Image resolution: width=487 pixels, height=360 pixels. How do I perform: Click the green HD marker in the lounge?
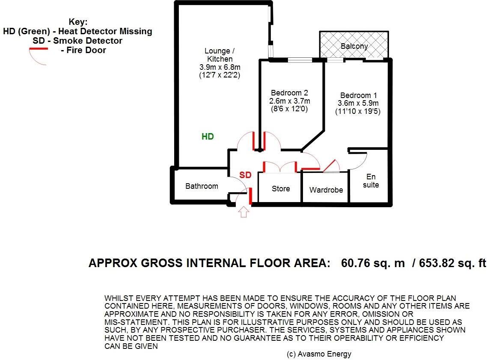coord(208,137)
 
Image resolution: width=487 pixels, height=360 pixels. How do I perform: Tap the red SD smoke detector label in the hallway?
coord(245,175)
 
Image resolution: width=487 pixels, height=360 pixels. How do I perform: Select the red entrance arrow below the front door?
coord(243,212)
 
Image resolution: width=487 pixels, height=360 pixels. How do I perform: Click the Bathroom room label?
coord(202,186)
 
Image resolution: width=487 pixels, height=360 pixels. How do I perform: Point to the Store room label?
coord(281,189)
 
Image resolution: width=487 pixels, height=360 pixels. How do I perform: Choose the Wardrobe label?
coord(326,190)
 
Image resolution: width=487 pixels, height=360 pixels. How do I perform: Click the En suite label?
coord(371,181)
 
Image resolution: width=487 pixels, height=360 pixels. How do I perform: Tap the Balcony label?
coord(354,46)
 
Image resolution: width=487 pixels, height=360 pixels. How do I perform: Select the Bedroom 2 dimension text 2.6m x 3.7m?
coord(289,101)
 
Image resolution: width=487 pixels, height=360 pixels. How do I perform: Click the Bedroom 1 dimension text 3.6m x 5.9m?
coord(359,104)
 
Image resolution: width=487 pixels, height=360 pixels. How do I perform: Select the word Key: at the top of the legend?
coord(77,22)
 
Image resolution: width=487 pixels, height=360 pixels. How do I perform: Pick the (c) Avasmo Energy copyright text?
coord(319,354)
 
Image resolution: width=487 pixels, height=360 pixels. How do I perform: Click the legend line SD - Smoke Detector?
coord(77,41)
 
